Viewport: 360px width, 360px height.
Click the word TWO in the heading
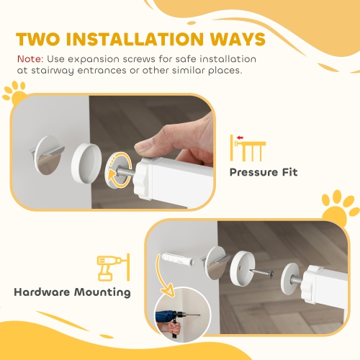click(41, 39)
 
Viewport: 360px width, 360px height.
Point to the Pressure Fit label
click(263, 173)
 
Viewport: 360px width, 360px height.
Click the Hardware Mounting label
click(72, 292)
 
